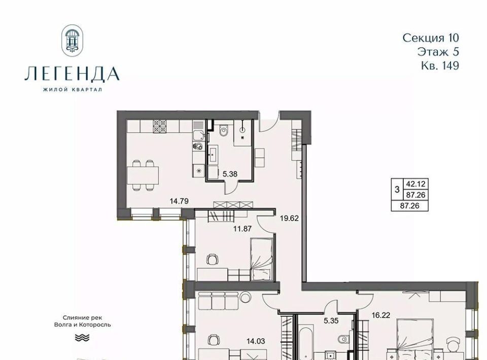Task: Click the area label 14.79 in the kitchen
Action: (x=179, y=201)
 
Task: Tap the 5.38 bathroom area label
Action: (x=230, y=174)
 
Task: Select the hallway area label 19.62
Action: (x=289, y=218)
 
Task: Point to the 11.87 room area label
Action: (x=242, y=229)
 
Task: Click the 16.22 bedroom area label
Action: (x=381, y=315)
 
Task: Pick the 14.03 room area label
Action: (x=256, y=341)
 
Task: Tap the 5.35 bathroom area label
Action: (x=331, y=321)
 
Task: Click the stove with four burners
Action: (x=160, y=127)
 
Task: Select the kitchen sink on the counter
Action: (x=198, y=135)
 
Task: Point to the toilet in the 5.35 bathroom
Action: (x=342, y=339)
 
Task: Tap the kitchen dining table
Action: (x=143, y=175)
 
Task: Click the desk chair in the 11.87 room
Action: (x=213, y=259)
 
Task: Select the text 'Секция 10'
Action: (x=431, y=38)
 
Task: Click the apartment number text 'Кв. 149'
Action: (x=440, y=65)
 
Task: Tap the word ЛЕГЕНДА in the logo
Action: (x=72, y=74)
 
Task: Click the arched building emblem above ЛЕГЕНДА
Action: (x=73, y=41)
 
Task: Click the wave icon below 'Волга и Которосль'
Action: (x=82, y=337)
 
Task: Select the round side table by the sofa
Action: (x=246, y=297)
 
